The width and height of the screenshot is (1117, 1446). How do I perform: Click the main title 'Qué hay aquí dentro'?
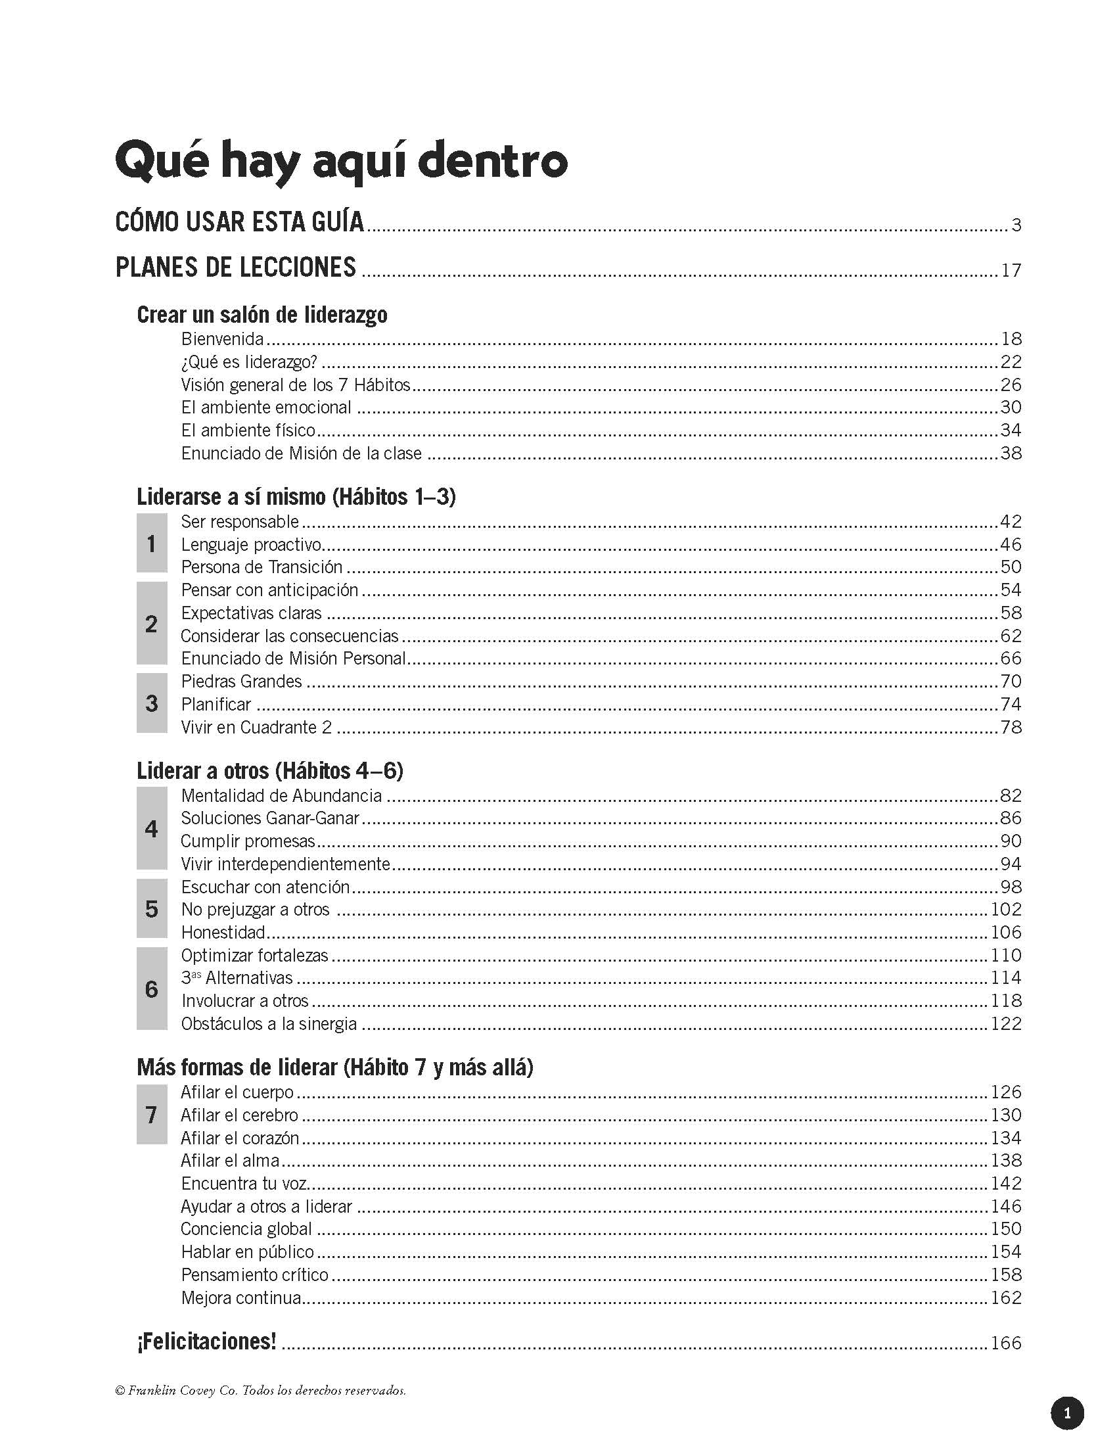click(341, 161)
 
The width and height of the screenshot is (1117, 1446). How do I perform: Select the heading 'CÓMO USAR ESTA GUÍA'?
click(240, 222)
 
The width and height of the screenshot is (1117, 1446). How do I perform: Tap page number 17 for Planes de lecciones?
click(1011, 271)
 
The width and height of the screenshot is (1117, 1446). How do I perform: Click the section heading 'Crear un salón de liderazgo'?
click(262, 314)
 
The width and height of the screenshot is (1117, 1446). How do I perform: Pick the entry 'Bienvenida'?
click(222, 339)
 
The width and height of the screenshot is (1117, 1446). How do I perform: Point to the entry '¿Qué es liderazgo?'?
click(250, 362)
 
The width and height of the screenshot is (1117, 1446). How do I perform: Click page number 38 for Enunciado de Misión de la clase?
click(1011, 454)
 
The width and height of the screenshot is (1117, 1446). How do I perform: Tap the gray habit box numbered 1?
click(152, 544)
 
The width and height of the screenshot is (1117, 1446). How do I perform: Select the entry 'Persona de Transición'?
click(262, 567)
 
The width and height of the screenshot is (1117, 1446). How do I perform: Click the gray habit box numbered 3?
click(152, 703)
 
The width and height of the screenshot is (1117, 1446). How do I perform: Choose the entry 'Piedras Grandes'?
click(242, 682)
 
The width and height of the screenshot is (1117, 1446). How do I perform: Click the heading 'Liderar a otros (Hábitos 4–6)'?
click(270, 771)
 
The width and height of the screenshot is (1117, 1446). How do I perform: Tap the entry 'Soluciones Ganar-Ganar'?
click(270, 818)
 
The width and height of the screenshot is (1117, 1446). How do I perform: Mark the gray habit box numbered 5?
click(152, 909)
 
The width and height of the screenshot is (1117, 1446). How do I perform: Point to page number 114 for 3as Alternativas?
click(1006, 978)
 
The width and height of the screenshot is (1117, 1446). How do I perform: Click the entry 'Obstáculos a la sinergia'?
click(269, 1023)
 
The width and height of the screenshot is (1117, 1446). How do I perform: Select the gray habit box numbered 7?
click(152, 1115)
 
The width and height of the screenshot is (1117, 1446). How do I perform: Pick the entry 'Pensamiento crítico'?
click(255, 1274)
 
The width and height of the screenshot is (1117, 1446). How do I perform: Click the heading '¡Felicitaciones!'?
click(206, 1341)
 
